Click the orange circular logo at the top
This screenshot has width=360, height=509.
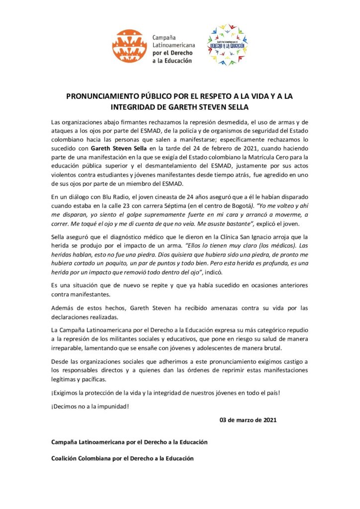129,45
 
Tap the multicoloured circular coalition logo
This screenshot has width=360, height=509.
227,45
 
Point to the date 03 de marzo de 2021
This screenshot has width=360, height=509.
248,420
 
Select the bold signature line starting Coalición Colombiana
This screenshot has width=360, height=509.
122,458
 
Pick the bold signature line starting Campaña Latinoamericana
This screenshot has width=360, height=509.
129,441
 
